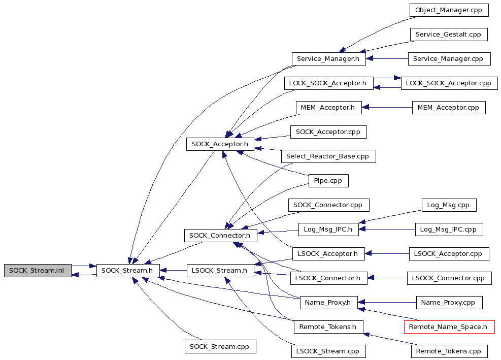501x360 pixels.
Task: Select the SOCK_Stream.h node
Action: point(128,271)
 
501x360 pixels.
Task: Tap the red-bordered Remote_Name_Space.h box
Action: point(449,327)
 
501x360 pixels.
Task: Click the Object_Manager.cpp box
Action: point(449,10)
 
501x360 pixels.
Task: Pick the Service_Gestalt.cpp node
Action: point(449,34)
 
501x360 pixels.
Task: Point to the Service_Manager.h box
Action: point(329,59)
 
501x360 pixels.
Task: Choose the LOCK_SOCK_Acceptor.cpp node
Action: point(449,83)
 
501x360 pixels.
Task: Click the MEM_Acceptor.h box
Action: point(328,108)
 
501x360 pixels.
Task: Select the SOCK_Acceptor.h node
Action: point(220,144)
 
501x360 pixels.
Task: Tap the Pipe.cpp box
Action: point(328,181)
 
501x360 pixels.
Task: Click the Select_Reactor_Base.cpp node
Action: point(328,156)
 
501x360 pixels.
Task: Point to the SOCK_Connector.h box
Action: point(220,235)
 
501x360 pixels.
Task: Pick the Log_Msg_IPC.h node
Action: point(328,229)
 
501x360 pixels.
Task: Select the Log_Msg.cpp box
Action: point(449,205)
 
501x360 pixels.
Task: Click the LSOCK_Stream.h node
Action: point(220,271)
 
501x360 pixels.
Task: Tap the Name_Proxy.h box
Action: point(328,303)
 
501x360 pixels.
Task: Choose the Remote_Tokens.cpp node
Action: point(449,351)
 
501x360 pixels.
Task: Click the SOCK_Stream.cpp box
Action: point(220,347)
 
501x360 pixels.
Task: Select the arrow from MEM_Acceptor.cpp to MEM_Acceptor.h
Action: point(387,108)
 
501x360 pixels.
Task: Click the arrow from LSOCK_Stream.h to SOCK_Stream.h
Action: point(173,271)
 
